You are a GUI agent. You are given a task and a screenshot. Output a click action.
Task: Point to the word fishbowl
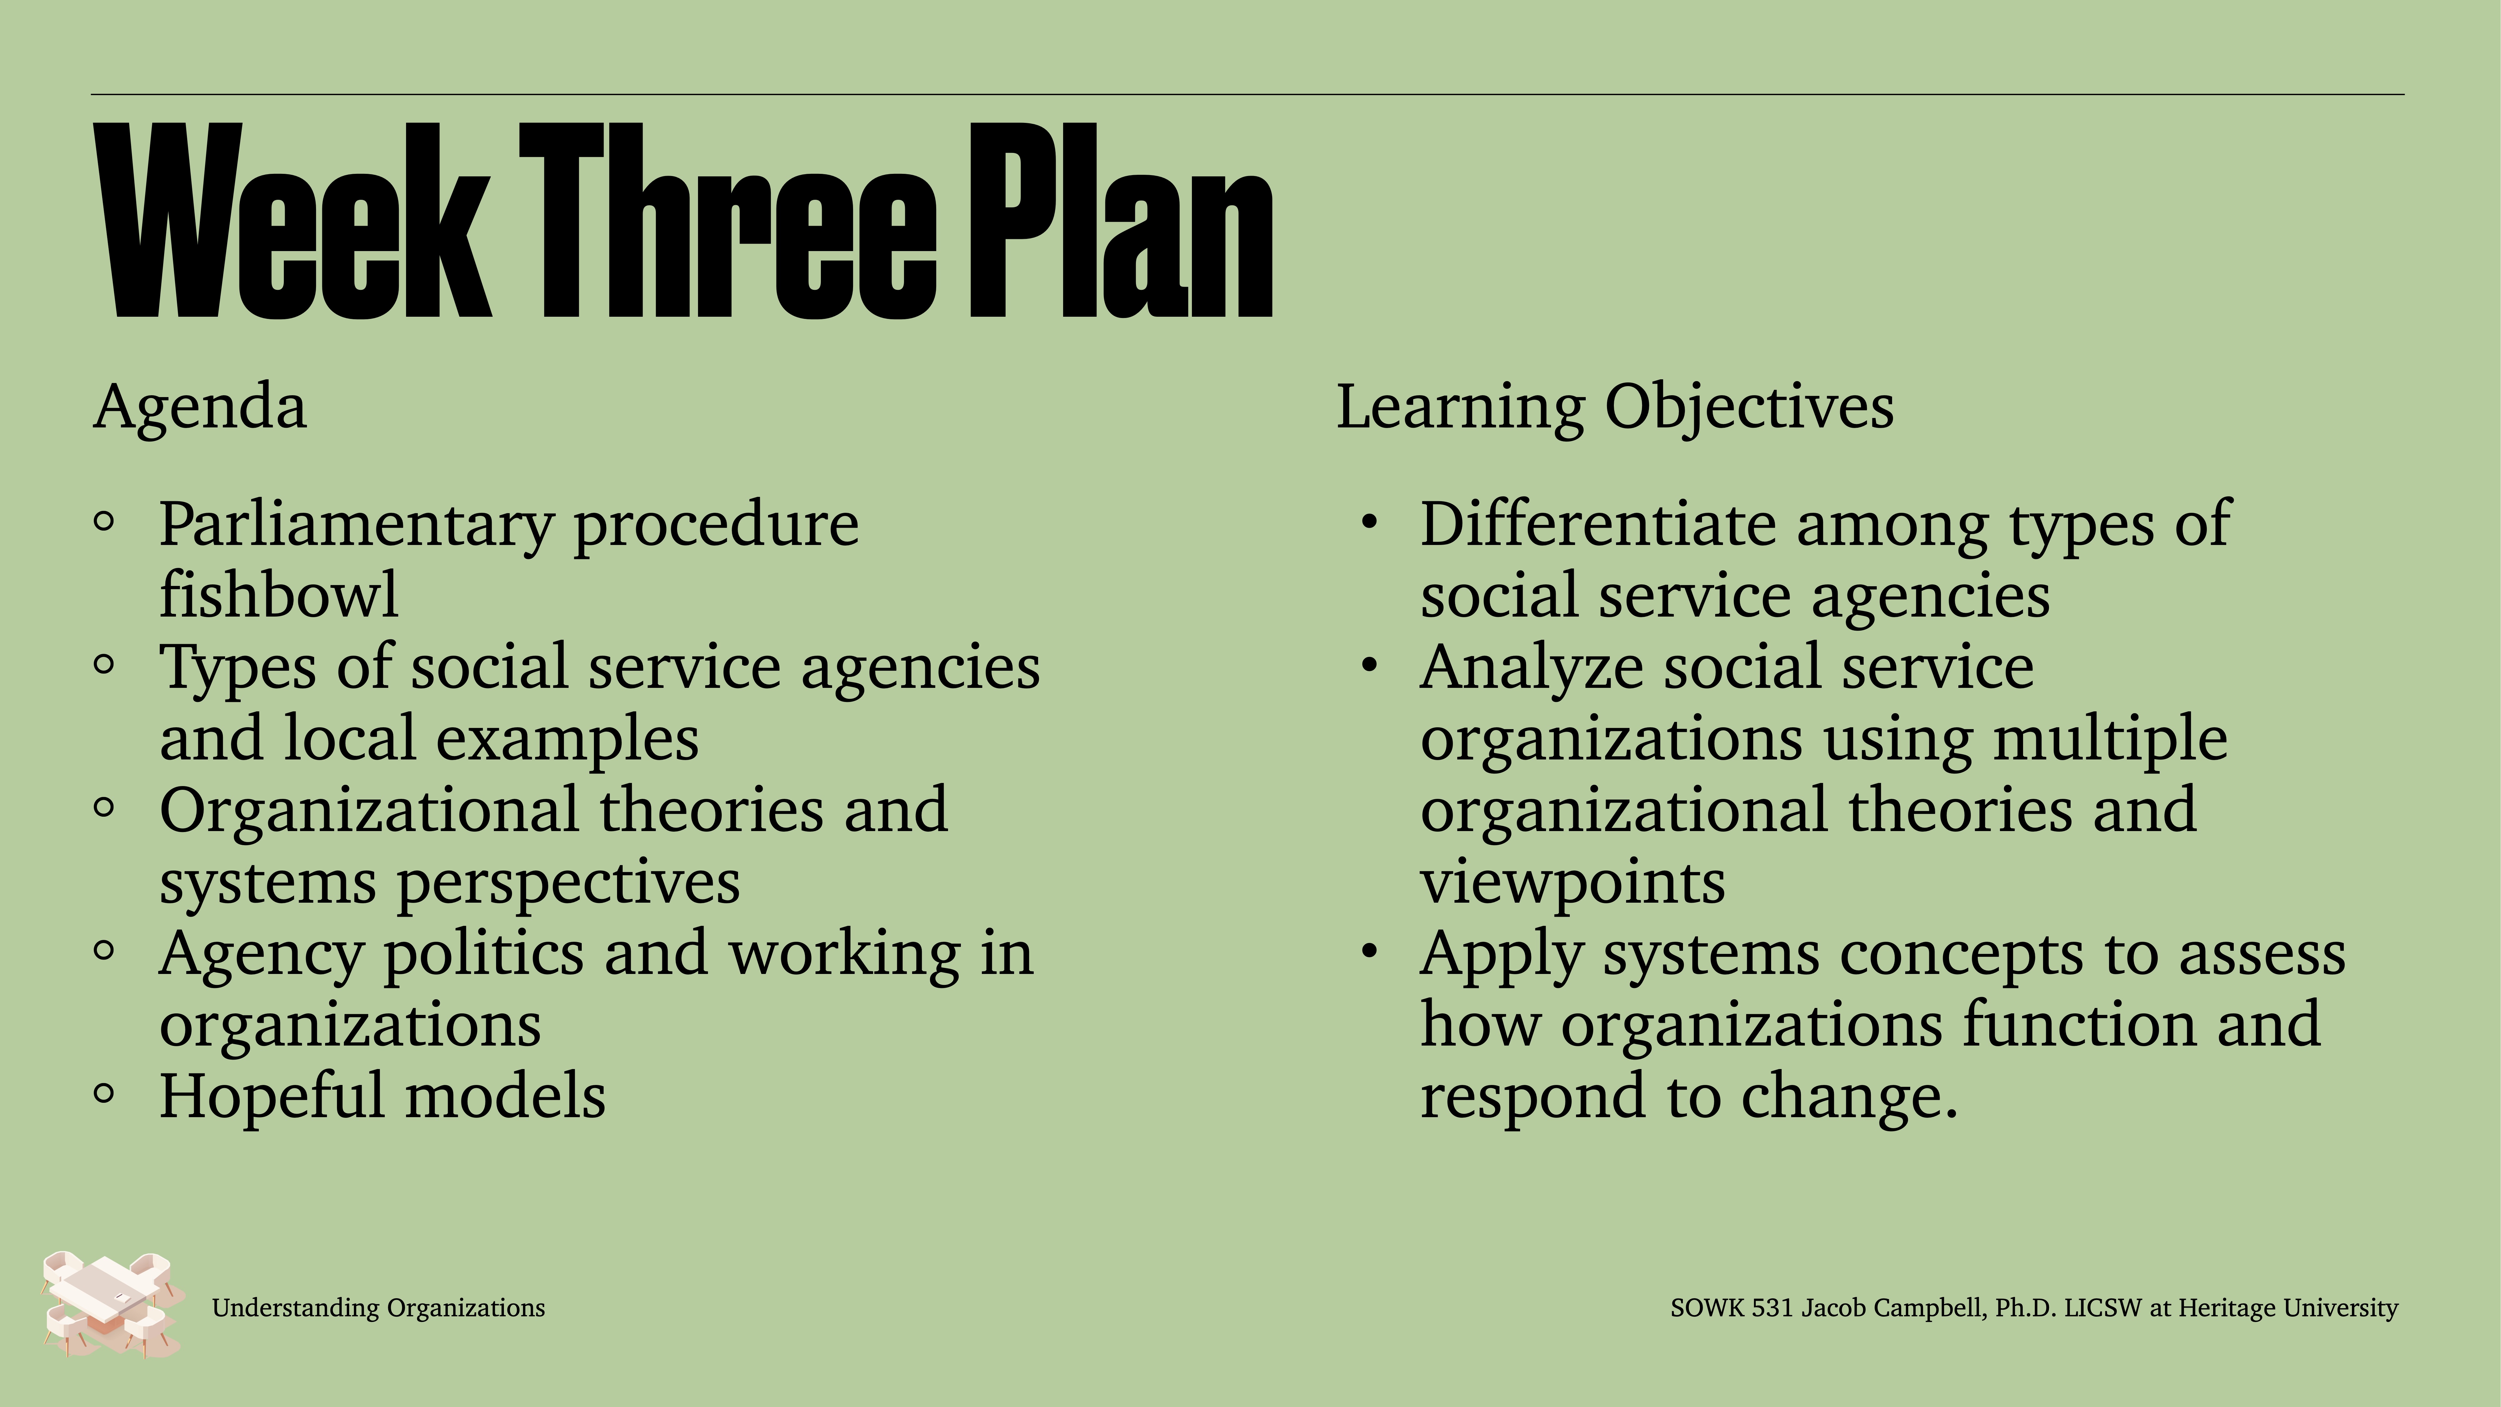[x=279, y=594]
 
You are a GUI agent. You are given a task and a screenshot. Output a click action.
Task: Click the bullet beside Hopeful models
[x=104, y=1093]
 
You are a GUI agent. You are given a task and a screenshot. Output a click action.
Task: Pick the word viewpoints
[x=1573, y=882]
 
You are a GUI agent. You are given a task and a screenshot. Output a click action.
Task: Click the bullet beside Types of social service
[x=104, y=665]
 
